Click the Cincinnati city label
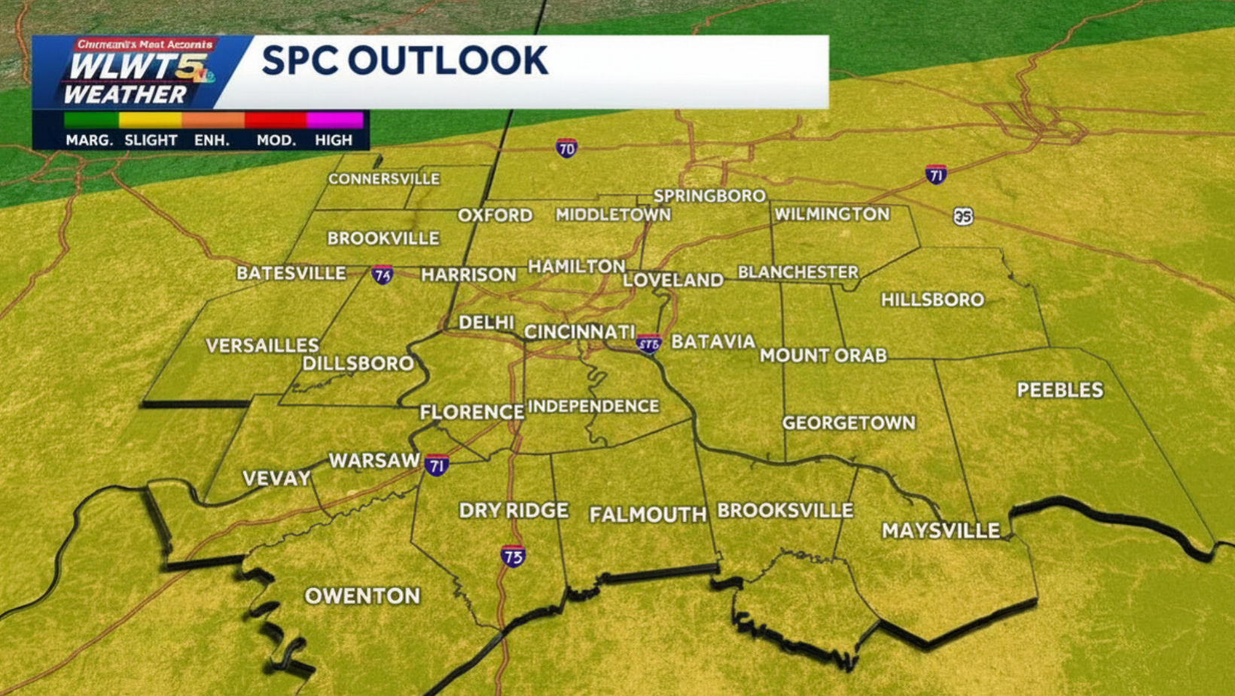click(579, 332)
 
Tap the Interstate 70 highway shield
click(566, 148)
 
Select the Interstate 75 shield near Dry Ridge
click(513, 557)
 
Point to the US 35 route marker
click(962, 217)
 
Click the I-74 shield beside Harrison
click(383, 275)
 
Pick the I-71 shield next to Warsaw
click(437, 465)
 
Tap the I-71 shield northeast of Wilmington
click(936, 175)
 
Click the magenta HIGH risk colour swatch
click(334, 120)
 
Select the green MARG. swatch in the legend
click(91, 120)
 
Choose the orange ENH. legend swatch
click(213, 120)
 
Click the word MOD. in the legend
click(276, 140)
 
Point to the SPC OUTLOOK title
click(404, 61)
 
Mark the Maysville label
click(941, 531)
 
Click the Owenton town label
click(362, 596)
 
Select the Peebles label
click(1060, 390)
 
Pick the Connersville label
click(383, 179)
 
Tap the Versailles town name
click(262, 346)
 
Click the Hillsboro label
click(932, 300)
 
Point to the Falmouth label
click(648, 514)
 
